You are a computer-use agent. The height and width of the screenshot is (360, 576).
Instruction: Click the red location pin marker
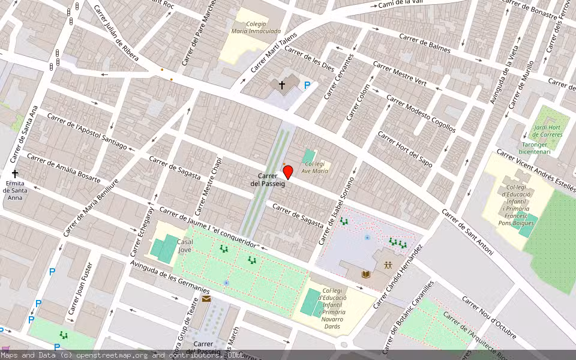pyautogui.click(x=287, y=172)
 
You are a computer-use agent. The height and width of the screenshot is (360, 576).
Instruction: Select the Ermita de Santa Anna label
pyautogui.click(x=14, y=190)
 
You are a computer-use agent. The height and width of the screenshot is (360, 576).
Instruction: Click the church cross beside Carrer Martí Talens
pyautogui.click(x=281, y=86)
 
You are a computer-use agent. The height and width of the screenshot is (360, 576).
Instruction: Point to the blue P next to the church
pyautogui.click(x=307, y=86)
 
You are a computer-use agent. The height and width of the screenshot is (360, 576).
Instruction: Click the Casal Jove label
pyautogui.click(x=185, y=245)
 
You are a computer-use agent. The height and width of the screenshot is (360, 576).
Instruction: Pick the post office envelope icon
pyautogui.click(x=206, y=298)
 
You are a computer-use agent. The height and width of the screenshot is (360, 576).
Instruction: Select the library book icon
pyautogui.click(x=365, y=274)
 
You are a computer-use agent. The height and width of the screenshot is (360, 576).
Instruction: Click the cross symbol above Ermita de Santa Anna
pyautogui.click(x=14, y=174)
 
